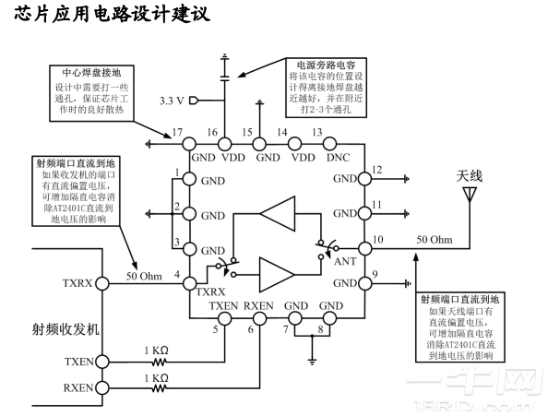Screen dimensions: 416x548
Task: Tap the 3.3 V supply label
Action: click(173, 100)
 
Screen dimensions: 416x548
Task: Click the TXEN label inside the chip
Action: click(224, 305)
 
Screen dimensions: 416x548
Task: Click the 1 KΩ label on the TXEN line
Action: click(154, 351)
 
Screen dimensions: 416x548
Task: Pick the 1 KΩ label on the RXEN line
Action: click(154, 377)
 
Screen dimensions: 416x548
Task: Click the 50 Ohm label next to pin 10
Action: click(434, 240)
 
